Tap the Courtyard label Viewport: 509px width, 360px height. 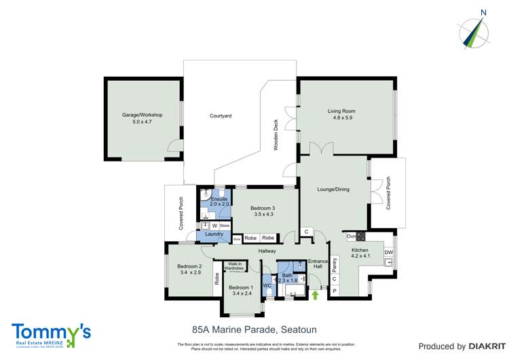click(x=221, y=116)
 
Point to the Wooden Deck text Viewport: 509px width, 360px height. click(x=276, y=136)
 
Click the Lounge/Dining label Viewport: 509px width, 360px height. click(x=333, y=190)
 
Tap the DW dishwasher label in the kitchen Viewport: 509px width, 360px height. click(x=388, y=253)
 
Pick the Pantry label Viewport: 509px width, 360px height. click(x=335, y=264)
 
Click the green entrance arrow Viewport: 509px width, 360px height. click(x=315, y=295)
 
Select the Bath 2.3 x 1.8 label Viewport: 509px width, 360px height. click(x=288, y=276)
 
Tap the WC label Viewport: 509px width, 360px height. click(x=267, y=286)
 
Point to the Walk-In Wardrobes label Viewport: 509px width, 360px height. click(x=235, y=266)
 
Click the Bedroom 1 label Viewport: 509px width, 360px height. click(x=243, y=290)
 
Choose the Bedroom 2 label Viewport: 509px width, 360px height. click(x=190, y=269)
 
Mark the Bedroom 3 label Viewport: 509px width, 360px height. click(x=263, y=211)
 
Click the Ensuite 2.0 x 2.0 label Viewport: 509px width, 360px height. click(x=219, y=201)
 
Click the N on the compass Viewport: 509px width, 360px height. click(x=483, y=12)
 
